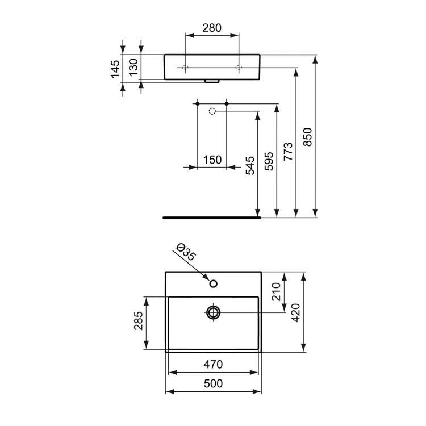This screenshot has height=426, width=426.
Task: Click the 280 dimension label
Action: point(212,28)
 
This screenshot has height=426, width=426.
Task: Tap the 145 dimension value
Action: point(115,69)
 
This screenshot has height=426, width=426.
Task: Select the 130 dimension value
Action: point(133,68)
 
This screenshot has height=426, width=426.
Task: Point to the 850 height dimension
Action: point(307,137)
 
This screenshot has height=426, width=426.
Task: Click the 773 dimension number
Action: point(288,151)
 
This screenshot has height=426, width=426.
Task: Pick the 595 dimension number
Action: point(269,161)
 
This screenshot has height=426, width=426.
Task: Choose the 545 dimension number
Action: point(250,165)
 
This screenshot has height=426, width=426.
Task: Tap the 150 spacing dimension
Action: point(212,160)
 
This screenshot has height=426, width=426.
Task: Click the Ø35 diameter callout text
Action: point(185,252)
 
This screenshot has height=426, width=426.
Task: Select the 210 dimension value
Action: point(276,291)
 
